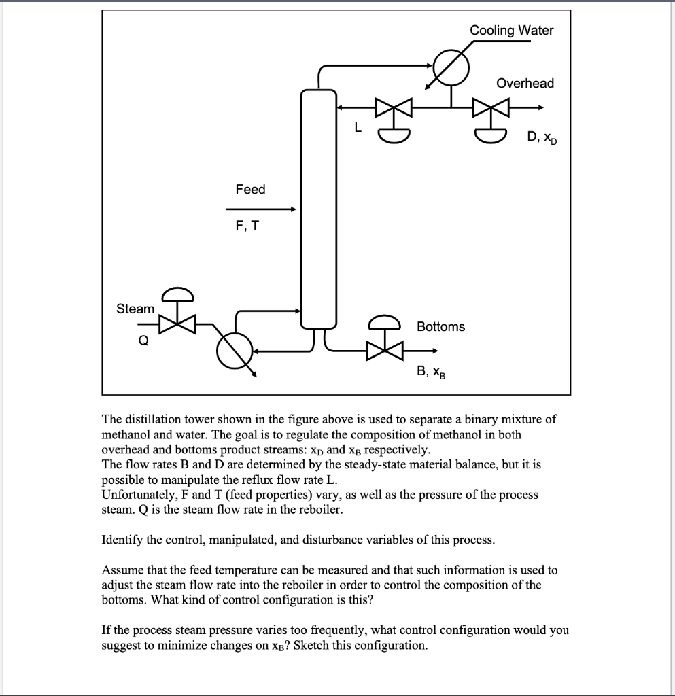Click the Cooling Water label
point(511,31)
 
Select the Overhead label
point(525,84)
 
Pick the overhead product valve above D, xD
point(491,107)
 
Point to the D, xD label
point(541,139)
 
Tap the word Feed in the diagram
point(250,190)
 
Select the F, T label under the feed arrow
point(247,226)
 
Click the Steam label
point(135,309)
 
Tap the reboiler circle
point(235,351)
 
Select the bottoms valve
point(385,351)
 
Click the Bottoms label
point(440,327)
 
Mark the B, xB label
point(431,372)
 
